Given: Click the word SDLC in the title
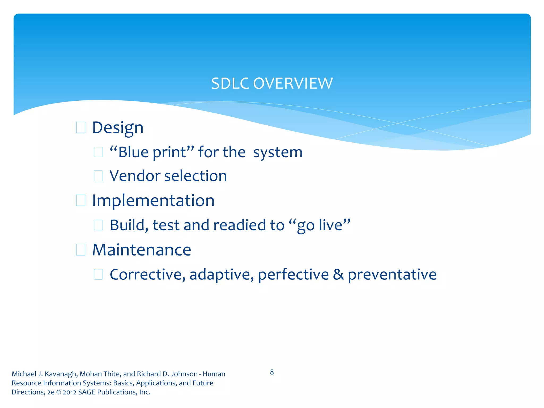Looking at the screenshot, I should pyautogui.click(x=230, y=84).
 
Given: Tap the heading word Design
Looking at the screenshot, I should pyautogui.click(x=118, y=128).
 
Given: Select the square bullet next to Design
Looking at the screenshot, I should pyautogui.click(x=80, y=127).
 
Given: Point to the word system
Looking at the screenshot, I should pyautogui.click(x=278, y=153).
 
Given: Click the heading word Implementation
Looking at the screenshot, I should pyautogui.click(x=153, y=201).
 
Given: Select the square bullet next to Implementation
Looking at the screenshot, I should pyautogui.click(x=80, y=200).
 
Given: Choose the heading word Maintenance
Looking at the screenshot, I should pyautogui.click(x=142, y=250).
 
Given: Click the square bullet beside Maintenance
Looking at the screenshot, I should pyautogui.click(x=80, y=250).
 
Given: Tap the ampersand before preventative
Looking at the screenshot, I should pyautogui.click(x=338, y=275).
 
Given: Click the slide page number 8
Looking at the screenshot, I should pyautogui.click(x=272, y=372).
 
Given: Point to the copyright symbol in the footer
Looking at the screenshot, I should pyautogui.click(x=58, y=392).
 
